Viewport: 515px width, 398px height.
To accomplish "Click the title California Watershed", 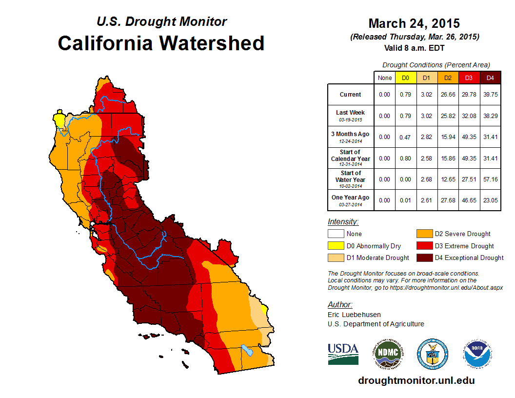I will [161, 43].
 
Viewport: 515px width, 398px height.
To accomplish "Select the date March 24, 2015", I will [414, 23].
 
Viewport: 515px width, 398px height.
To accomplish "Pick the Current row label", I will [351, 95].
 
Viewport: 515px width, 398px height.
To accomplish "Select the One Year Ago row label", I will [351, 198].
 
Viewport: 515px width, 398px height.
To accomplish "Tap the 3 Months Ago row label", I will [351, 134].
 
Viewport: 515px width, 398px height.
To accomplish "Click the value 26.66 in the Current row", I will [448, 95].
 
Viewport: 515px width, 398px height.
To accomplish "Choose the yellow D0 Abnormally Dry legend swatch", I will [336, 246].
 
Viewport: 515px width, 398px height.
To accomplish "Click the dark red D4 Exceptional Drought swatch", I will [424, 258].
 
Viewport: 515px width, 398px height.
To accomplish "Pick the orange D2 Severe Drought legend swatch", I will [424, 234].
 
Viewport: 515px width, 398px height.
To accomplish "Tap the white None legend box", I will [336, 234].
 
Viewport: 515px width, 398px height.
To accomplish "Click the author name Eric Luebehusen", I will [354, 315].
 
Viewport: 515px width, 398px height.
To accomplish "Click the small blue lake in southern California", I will [248, 351].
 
